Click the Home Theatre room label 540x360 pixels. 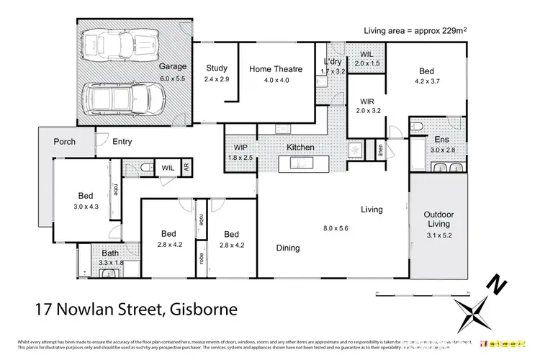click(275, 69)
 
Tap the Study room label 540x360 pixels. click(217, 69)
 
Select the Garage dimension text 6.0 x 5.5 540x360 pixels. click(173, 77)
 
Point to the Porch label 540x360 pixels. click(65, 142)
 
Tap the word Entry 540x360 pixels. click(122, 142)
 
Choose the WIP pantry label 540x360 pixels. click(240, 148)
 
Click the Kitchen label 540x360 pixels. click(301, 148)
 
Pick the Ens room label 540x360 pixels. click(441, 140)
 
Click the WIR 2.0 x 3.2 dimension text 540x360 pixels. click(365, 112)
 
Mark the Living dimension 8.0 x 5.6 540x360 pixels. click(336, 228)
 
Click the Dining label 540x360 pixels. click(288, 248)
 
